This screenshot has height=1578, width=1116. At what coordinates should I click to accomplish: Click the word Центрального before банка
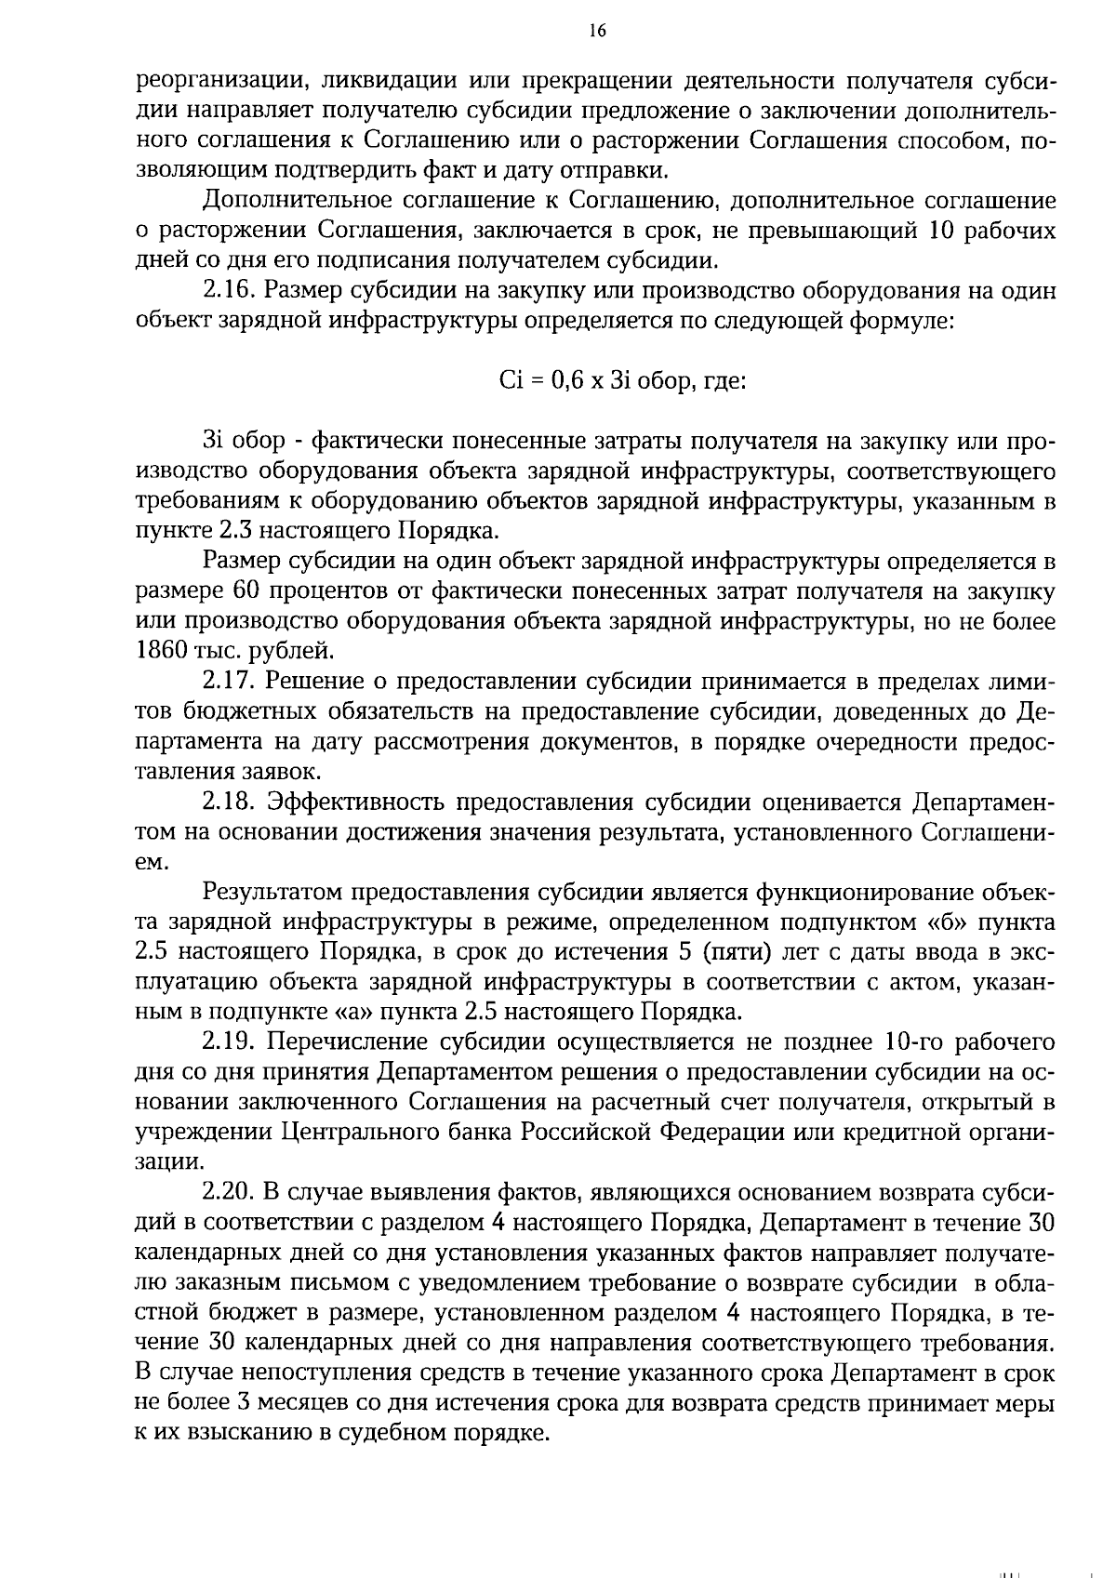click(x=351, y=1132)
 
